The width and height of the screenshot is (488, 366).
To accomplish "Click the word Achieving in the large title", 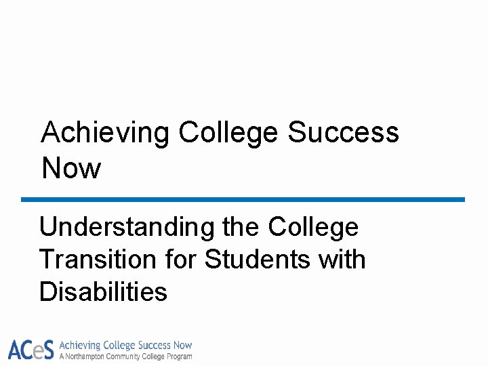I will point(105,134).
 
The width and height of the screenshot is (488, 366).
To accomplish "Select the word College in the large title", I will point(228,134).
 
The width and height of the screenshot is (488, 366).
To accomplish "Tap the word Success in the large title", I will point(343,134).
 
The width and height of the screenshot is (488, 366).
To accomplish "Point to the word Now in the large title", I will point(70,168).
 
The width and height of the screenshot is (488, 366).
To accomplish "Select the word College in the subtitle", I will point(313,227).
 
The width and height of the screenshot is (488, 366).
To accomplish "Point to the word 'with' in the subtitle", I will point(342,260).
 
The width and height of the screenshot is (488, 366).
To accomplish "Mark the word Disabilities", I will point(103,292).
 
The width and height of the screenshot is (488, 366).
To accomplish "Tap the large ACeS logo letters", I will point(30,350).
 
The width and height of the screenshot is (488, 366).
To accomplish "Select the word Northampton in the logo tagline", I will point(87,357).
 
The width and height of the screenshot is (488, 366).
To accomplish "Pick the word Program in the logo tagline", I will point(179,357).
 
